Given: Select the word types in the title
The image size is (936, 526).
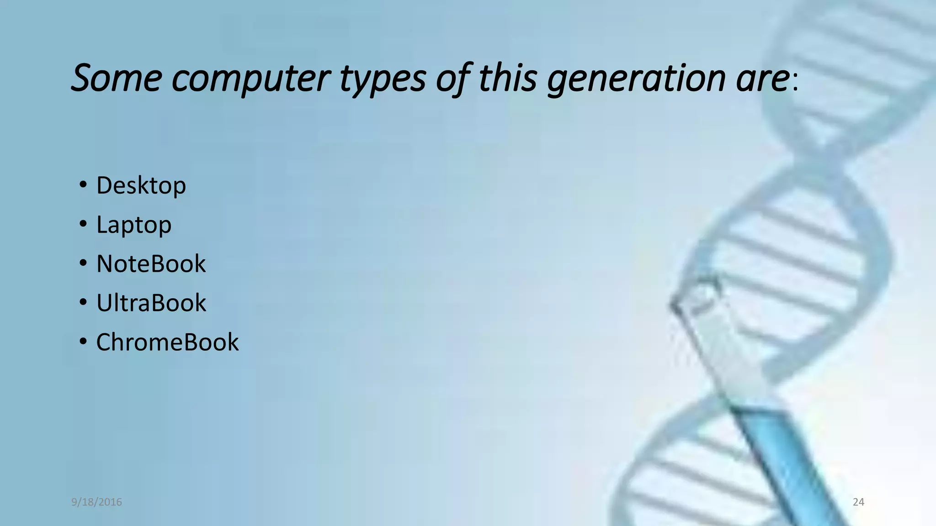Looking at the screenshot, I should coord(383,79).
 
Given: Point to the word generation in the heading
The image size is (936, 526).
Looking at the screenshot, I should coord(636,79).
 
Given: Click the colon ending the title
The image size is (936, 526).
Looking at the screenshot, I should coord(795,83).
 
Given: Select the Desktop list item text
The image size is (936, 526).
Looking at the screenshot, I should coord(141,185).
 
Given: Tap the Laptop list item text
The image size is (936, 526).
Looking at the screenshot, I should coord(134,225).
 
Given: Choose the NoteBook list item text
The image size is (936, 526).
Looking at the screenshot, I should coord(151,263).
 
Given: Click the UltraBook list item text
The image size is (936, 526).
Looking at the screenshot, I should coord(151,303).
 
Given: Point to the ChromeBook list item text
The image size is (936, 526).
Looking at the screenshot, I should coord(167,342).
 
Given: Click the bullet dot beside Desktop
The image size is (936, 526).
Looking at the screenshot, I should coord(83,185).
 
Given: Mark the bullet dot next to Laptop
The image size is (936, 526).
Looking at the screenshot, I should coord(83,224).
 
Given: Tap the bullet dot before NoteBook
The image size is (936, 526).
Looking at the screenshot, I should coord(83,263).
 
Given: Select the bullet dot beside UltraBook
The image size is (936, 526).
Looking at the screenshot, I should coord(83,302).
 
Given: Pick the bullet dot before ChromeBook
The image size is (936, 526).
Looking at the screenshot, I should coord(83,342).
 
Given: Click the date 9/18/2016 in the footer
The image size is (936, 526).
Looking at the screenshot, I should coord(96,502).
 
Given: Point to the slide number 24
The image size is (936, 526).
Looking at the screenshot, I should coord(858,502).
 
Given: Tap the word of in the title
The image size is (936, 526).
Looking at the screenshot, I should coord(452,79).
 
